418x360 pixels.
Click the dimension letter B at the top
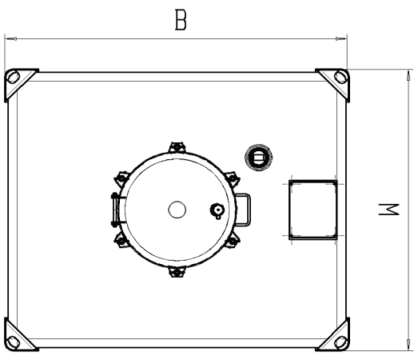click(181, 20)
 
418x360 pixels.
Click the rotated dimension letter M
click(389, 210)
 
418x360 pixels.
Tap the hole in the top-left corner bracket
click(13, 77)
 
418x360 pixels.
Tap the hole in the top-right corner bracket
click(340, 77)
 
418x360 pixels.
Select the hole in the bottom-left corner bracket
click(13, 342)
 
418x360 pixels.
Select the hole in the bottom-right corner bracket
click(341, 342)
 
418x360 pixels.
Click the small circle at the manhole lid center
click(177, 210)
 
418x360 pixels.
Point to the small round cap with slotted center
click(259, 158)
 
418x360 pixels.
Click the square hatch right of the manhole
click(313, 210)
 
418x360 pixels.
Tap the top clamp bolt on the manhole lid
click(177, 147)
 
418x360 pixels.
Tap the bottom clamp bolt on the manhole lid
click(177, 272)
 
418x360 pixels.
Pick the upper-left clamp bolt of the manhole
click(121, 178)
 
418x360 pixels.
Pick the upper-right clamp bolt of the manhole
click(233, 178)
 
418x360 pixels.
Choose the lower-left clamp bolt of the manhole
click(121, 241)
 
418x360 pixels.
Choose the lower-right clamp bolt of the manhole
click(233, 241)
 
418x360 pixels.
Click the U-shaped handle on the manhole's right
click(243, 210)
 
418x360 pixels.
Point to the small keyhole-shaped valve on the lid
click(217, 211)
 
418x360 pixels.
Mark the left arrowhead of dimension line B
click(10, 39)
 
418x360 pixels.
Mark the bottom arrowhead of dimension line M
click(408, 344)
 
